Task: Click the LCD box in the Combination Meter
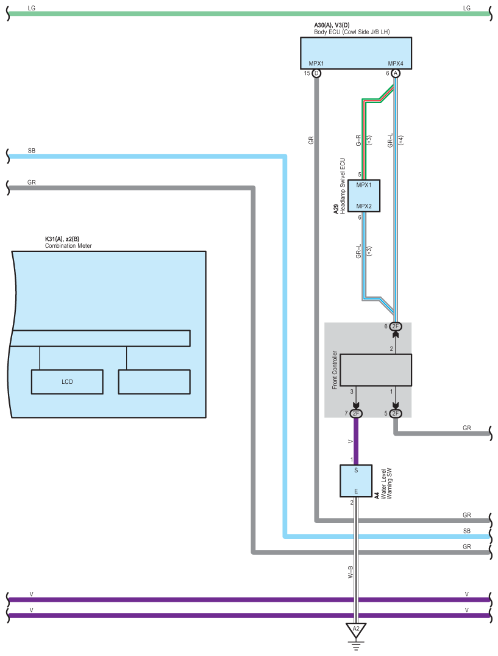click(x=67, y=381)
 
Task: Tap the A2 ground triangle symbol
click(x=355, y=630)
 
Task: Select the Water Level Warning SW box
click(x=356, y=481)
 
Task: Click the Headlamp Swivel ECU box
click(x=364, y=196)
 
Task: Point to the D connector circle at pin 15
click(x=316, y=73)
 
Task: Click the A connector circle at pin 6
click(x=395, y=73)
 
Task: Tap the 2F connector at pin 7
click(x=355, y=413)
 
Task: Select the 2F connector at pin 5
click(x=395, y=413)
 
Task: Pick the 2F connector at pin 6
click(x=395, y=326)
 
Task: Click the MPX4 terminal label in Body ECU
click(x=395, y=63)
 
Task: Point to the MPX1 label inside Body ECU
click(x=316, y=63)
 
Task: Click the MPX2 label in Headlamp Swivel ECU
click(x=364, y=206)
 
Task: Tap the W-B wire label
click(x=350, y=572)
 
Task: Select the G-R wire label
click(x=358, y=140)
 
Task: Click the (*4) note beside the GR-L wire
click(x=401, y=140)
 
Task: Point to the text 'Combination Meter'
click(x=68, y=245)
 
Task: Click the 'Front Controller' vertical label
click(x=335, y=370)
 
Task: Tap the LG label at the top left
click(x=31, y=8)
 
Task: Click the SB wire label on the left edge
click(x=31, y=151)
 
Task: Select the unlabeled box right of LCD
click(x=154, y=381)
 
